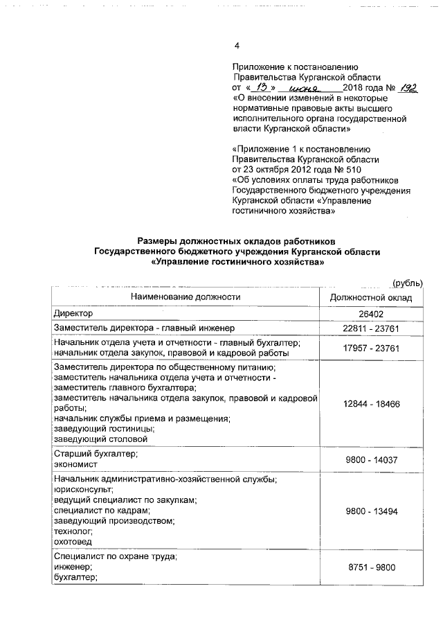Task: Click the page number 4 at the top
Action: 237,46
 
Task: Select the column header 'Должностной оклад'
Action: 371,297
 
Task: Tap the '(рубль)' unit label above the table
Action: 407,283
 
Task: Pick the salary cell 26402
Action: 371,315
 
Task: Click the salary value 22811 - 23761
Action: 371,328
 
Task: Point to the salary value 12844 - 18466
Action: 371,403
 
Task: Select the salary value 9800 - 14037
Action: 371,459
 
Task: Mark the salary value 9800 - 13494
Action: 371,511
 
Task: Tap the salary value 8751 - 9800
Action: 371,567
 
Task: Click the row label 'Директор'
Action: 73,314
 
